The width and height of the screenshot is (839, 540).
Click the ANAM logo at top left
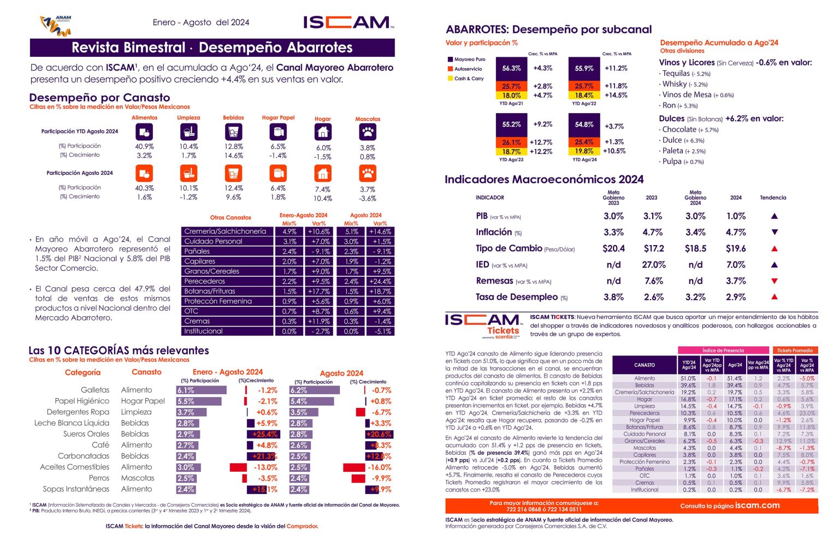tap(56, 25)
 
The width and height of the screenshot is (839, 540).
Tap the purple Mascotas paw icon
tap(368, 132)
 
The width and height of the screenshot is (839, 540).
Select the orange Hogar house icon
tap(323, 174)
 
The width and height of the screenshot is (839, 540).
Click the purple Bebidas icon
tap(233, 132)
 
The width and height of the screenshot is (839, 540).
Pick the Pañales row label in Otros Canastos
tap(197, 251)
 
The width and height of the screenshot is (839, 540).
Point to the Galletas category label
tap(95, 390)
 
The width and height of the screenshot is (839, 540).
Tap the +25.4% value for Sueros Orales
tap(265, 434)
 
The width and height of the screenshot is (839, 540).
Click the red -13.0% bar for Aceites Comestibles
tap(238, 467)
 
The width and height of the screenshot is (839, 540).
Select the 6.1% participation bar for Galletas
tap(200, 390)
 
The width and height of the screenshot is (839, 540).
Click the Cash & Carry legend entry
tap(469, 79)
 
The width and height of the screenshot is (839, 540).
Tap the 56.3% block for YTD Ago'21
tap(511, 68)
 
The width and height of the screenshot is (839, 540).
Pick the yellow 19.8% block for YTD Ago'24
tap(584, 151)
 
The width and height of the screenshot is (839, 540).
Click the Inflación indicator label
tap(494, 232)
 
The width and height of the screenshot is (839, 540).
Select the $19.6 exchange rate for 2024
tap(736, 248)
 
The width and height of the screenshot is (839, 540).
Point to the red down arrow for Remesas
tap(774, 281)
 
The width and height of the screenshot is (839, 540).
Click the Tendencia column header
tap(773, 198)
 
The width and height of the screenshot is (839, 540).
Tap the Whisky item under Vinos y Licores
tap(675, 84)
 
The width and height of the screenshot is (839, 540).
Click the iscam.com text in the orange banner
tap(757, 505)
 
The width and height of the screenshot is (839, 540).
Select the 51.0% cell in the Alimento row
tap(688, 378)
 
